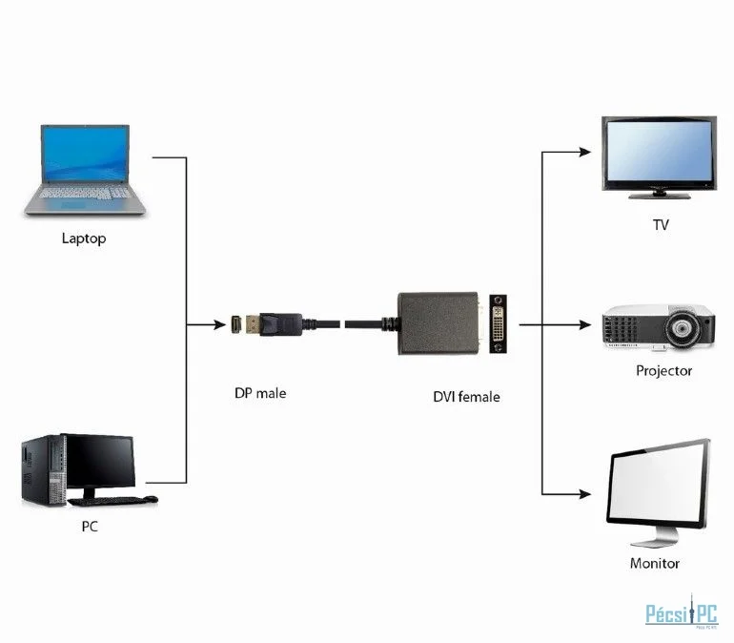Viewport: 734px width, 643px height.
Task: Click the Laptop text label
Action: click(x=84, y=239)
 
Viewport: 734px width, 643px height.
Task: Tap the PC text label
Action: click(x=90, y=527)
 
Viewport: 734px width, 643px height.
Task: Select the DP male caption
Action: click(x=260, y=393)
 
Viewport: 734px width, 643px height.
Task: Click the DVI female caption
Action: click(x=466, y=397)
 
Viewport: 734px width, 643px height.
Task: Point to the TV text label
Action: click(x=661, y=225)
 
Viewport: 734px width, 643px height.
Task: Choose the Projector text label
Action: click(x=663, y=370)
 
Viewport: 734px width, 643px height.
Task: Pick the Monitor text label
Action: click(x=655, y=563)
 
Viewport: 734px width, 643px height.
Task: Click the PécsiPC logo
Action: click(x=682, y=612)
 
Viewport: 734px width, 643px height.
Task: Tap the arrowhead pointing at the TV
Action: click(x=585, y=152)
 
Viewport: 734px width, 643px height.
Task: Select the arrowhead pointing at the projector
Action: click(x=585, y=324)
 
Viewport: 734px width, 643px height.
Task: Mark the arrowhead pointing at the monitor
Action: click(x=585, y=494)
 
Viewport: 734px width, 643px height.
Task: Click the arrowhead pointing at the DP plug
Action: click(x=219, y=324)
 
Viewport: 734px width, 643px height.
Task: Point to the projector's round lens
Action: click(x=682, y=328)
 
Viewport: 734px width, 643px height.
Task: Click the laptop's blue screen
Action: click(x=85, y=154)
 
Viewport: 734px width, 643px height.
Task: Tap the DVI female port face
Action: click(x=498, y=323)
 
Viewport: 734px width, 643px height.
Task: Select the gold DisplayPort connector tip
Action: click(x=253, y=324)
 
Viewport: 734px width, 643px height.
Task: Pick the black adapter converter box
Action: click(x=438, y=323)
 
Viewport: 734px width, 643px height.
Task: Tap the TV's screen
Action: click(x=659, y=150)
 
